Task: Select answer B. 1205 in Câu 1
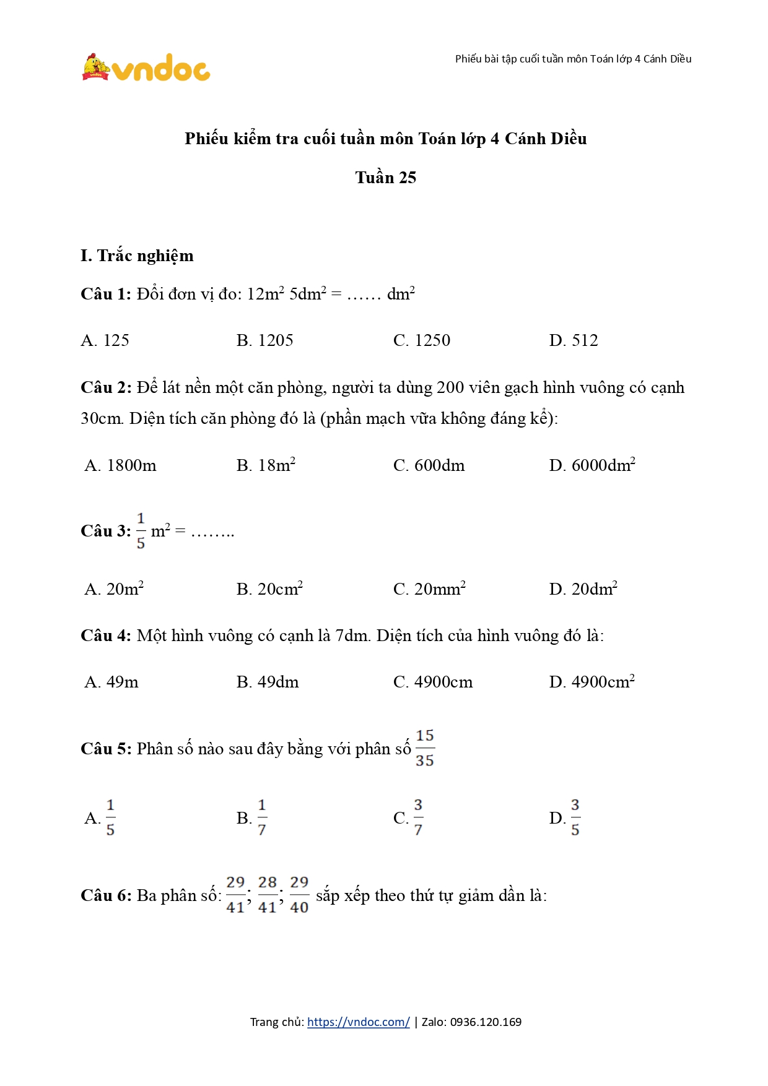point(264,340)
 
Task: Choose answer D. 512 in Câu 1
point(573,340)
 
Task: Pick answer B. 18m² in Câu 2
point(266,465)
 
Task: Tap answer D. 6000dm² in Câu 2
point(591,465)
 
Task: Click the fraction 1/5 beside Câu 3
point(141,530)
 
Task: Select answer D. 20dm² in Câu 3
point(583,589)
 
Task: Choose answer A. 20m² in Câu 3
point(114,589)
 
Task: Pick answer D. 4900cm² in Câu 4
point(591,682)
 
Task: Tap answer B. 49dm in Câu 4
point(268,682)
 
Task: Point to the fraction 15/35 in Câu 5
point(425,748)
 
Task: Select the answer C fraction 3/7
point(418,817)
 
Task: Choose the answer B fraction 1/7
point(262,817)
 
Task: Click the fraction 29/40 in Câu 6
point(299,895)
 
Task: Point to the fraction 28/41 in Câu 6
point(268,895)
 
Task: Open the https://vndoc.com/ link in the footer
point(358,1022)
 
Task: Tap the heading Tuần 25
point(385,178)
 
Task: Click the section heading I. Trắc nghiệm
point(137,256)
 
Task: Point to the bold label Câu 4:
point(106,636)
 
